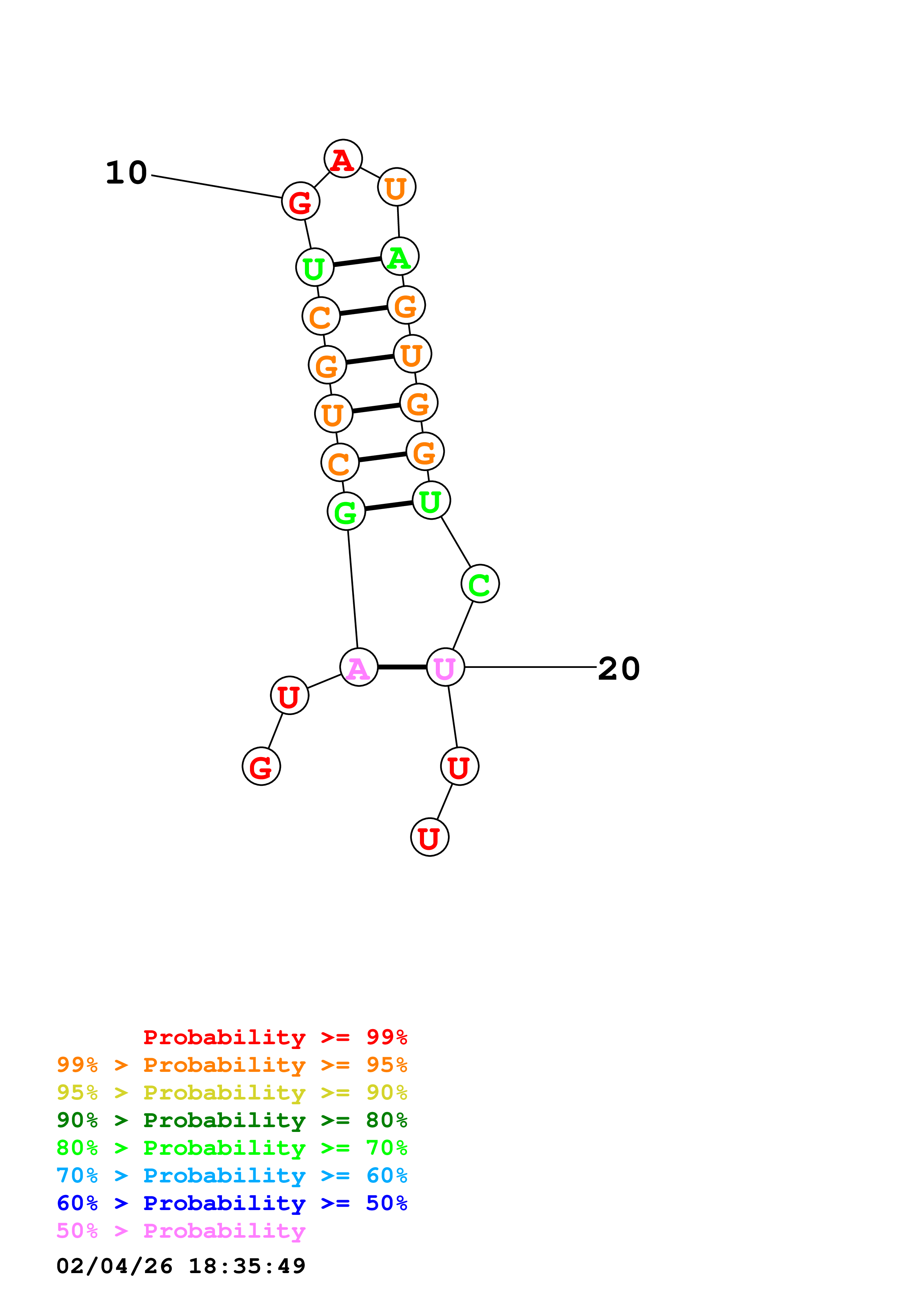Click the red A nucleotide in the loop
pos(343,159)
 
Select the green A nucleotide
pos(399,257)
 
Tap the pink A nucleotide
pos(359,668)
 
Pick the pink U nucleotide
pos(445,668)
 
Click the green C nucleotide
pos(480,584)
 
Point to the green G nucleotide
pos(346,511)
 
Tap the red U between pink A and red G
pos(289,696)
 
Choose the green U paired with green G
pos(431,501)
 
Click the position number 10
pos(127,172)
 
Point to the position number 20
pos(618,669)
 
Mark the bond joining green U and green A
pos(357,262)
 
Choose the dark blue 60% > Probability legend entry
pos(232,1203)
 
